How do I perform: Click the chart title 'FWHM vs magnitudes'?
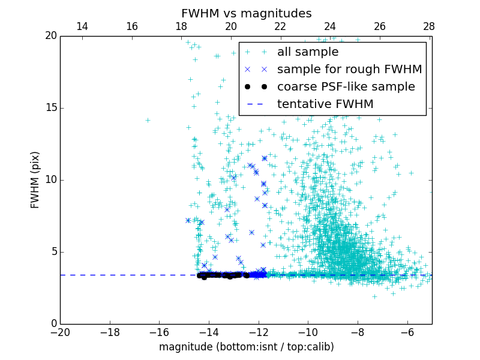pos(246,13)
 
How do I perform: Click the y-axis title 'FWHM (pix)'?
pos(35,179)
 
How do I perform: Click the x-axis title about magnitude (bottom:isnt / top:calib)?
pos(246,347)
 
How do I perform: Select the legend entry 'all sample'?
pos(308,52)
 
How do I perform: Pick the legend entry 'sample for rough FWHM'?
pos(349,70)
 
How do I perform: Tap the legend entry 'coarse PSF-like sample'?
pos(346,87)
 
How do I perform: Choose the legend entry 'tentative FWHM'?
pos(325,104)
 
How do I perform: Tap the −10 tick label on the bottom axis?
pos(308,332)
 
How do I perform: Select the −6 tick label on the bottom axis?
pos(407,332)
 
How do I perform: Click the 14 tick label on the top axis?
pos(82,26)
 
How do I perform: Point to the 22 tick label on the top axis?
pos(280,26)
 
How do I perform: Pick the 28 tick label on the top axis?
pos(429,26)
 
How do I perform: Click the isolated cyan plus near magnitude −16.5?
pos(148,120)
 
